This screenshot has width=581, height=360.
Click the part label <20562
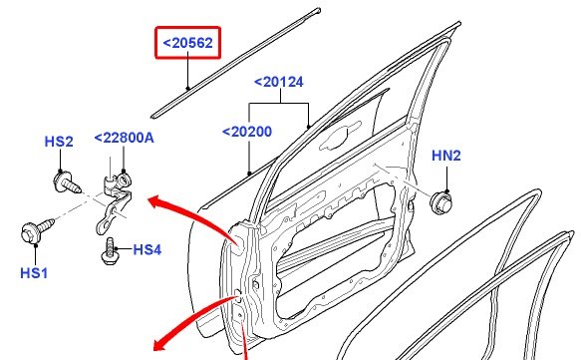pos(188,43)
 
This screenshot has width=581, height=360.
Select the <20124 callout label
pos(279,82)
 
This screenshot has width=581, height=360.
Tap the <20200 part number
pos(247,132)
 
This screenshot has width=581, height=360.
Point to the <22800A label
pos(124,138)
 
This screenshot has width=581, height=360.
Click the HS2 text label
pos(59,142)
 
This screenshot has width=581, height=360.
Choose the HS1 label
pos(34,273)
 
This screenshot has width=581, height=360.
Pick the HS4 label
pos(147,249)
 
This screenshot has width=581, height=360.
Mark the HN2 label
pos(446,156)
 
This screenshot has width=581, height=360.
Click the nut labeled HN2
pos(440,203)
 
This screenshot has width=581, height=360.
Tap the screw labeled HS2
pos(67,182)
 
